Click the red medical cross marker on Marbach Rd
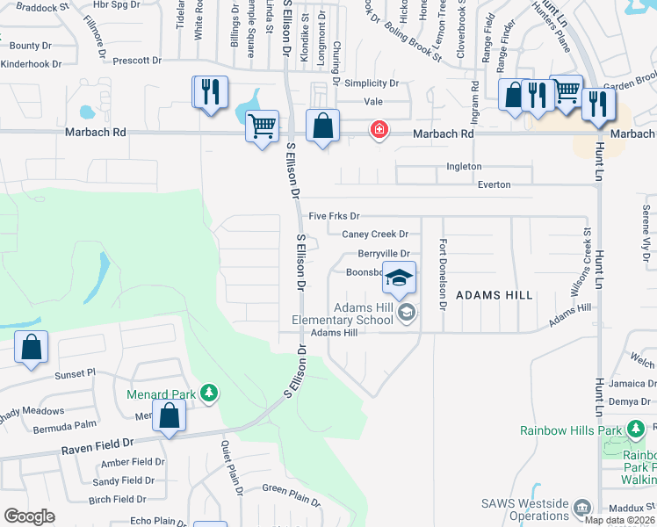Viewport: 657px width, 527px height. tap(379, 130)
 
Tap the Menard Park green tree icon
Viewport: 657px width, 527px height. tap(209, 392)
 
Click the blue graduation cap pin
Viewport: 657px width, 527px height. tap(399, 279)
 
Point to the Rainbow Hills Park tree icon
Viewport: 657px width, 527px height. tap(637, 430)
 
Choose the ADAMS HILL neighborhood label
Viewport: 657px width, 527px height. tap(494, 296)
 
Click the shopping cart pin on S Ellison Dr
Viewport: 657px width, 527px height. tap(262, 126)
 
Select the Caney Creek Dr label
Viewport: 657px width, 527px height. tap(375, 235)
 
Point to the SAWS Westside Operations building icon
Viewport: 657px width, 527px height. tap(581, 508)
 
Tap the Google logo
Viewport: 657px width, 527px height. tap(29, 516)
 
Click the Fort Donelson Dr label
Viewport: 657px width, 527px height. tap(444, 274)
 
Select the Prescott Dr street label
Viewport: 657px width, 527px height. tap(132, 61)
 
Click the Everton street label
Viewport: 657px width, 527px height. tap(494, 184)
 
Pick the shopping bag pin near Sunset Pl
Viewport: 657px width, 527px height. tap(32, 347)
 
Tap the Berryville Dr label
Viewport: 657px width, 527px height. tap(384, 253)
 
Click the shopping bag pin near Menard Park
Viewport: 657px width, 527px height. tap(169, 416)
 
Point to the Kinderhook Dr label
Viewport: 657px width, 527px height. tap(31, 64)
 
